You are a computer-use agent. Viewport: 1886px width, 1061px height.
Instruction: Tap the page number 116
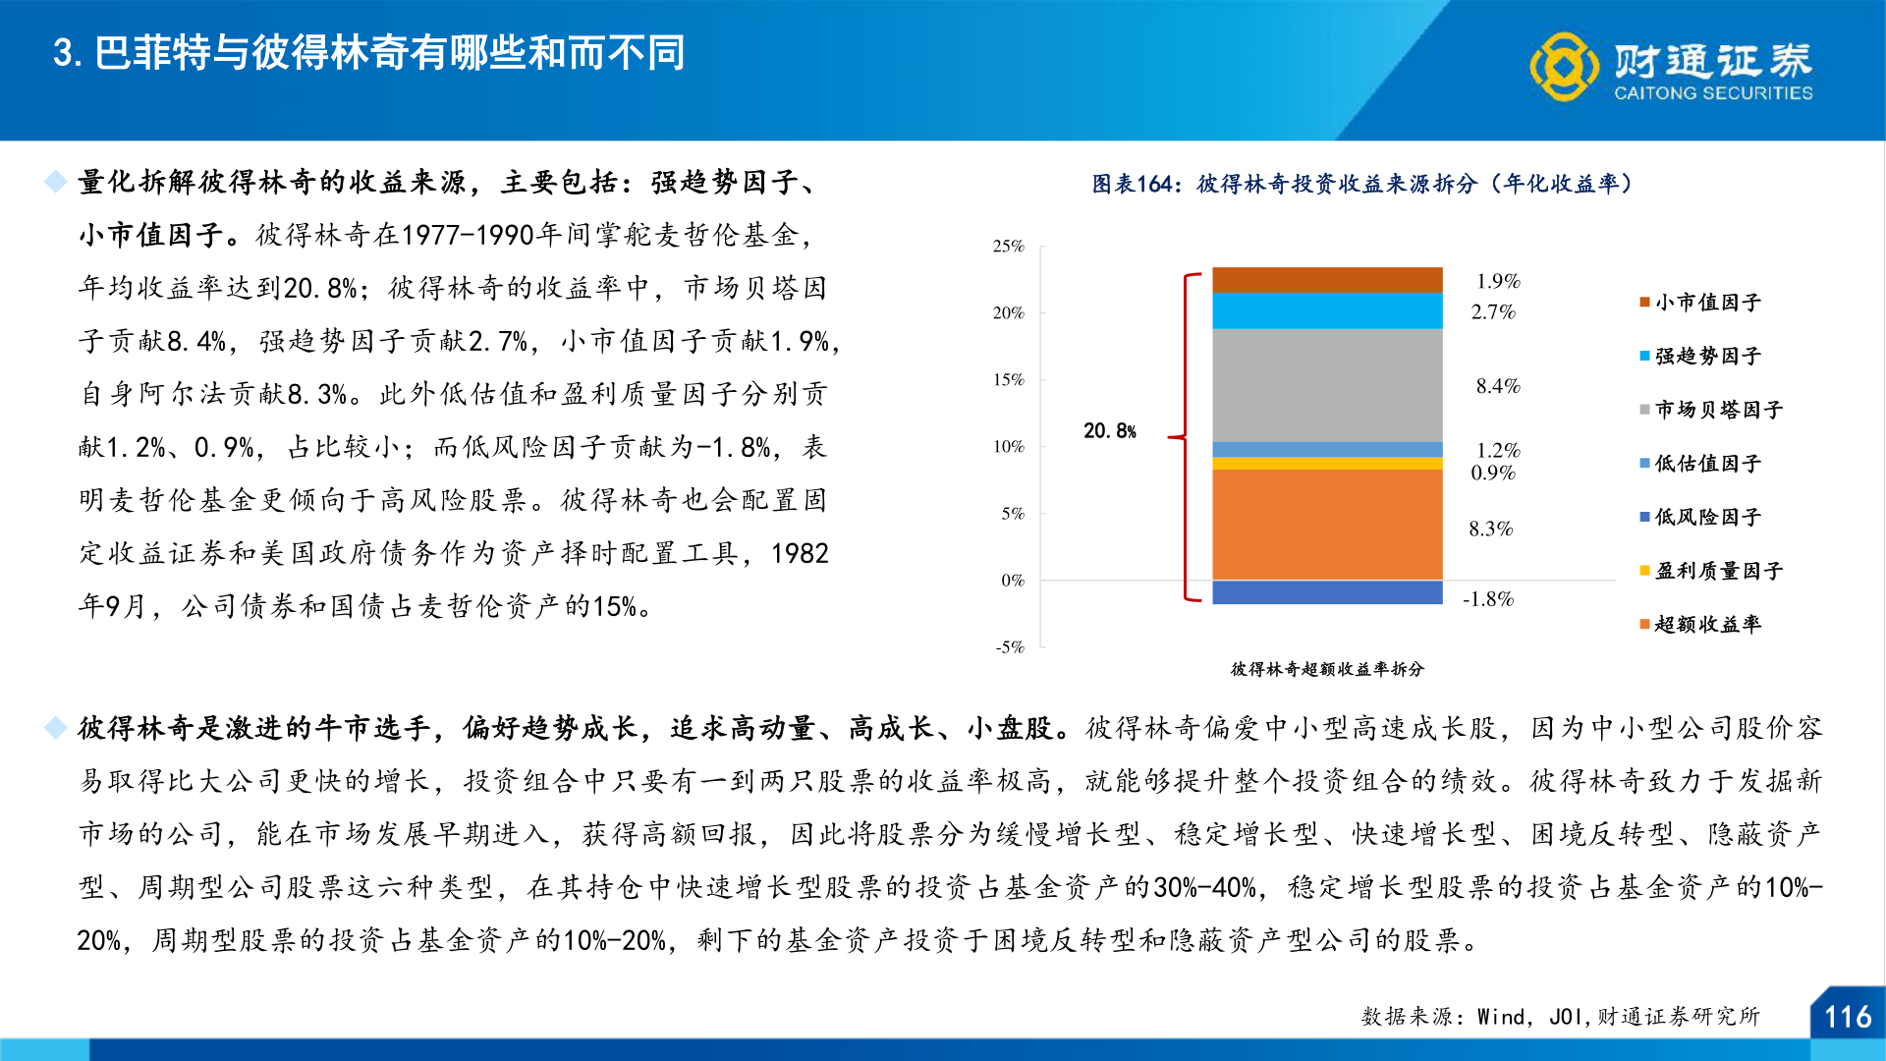tap(1847, 1017)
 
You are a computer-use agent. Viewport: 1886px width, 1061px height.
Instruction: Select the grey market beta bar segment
tap(1327, 385)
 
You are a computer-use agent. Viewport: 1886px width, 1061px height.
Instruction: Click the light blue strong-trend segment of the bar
tap(1327, 310)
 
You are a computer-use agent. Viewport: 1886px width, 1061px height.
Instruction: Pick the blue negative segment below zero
tap(1327, 592)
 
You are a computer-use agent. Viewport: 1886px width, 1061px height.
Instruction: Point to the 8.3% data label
tap(1490, 530)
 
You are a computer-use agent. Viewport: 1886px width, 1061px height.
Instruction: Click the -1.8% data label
tap(1488, 599)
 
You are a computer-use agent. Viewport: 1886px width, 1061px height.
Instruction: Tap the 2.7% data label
tap(1493, 312)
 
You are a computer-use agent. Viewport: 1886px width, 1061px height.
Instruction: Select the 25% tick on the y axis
tap(1009, 247)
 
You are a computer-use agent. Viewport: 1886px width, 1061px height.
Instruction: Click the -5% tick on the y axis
tap(1010, 647)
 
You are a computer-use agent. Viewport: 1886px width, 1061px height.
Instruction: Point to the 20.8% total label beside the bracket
tap(1110, 431)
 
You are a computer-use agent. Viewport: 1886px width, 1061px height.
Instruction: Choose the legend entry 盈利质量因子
tap(1718, 571)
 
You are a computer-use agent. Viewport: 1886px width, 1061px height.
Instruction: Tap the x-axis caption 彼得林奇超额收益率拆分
tap(1327, 669)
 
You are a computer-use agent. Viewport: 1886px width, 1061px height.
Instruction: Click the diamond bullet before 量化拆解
tap(56, 182)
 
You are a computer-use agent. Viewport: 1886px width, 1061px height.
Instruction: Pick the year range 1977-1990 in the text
tap(468, 236)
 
